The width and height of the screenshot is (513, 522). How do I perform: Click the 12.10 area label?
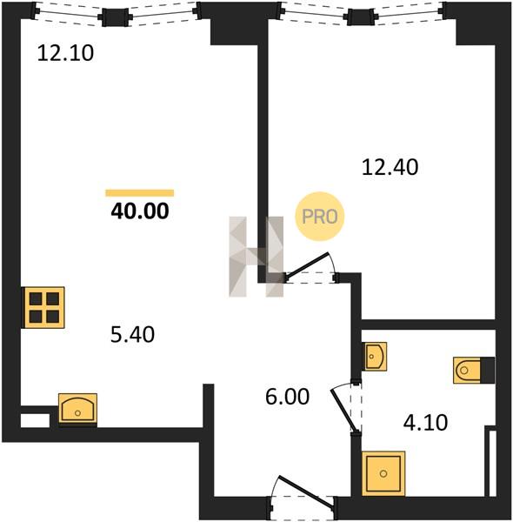tap(65, 53)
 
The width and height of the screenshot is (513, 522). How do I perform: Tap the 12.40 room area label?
tap(390, 167)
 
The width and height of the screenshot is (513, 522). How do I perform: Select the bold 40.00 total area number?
tap(140, 211)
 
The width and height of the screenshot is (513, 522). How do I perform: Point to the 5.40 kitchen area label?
tap(132, 335)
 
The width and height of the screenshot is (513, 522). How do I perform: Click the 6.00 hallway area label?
tap(288, 397)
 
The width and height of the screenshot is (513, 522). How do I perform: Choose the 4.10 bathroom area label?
tap(425, 423)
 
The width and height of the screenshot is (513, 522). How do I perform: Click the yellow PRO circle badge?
tap(320, 217)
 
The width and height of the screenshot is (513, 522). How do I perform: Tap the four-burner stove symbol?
tap(43, 307)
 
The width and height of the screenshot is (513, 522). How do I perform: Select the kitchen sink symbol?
tap(78, 410)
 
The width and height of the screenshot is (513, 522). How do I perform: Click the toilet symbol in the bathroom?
tap(474, 371)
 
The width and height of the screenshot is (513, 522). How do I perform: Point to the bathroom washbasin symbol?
tap(374, 357)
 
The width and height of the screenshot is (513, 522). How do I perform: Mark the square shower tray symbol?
tap(383, 473)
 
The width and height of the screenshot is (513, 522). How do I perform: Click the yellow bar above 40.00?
tap(140, 193)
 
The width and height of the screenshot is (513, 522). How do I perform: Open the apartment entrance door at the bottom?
tap(303, 497)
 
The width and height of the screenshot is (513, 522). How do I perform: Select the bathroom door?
tap(346, 408)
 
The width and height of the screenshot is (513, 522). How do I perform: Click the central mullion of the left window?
tap(115, 17)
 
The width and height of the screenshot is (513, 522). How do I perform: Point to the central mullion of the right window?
tap(361, 17)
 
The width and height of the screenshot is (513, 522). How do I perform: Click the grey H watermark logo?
tap(256, 257)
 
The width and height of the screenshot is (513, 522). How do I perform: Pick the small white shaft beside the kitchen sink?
tap(35, 420)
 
